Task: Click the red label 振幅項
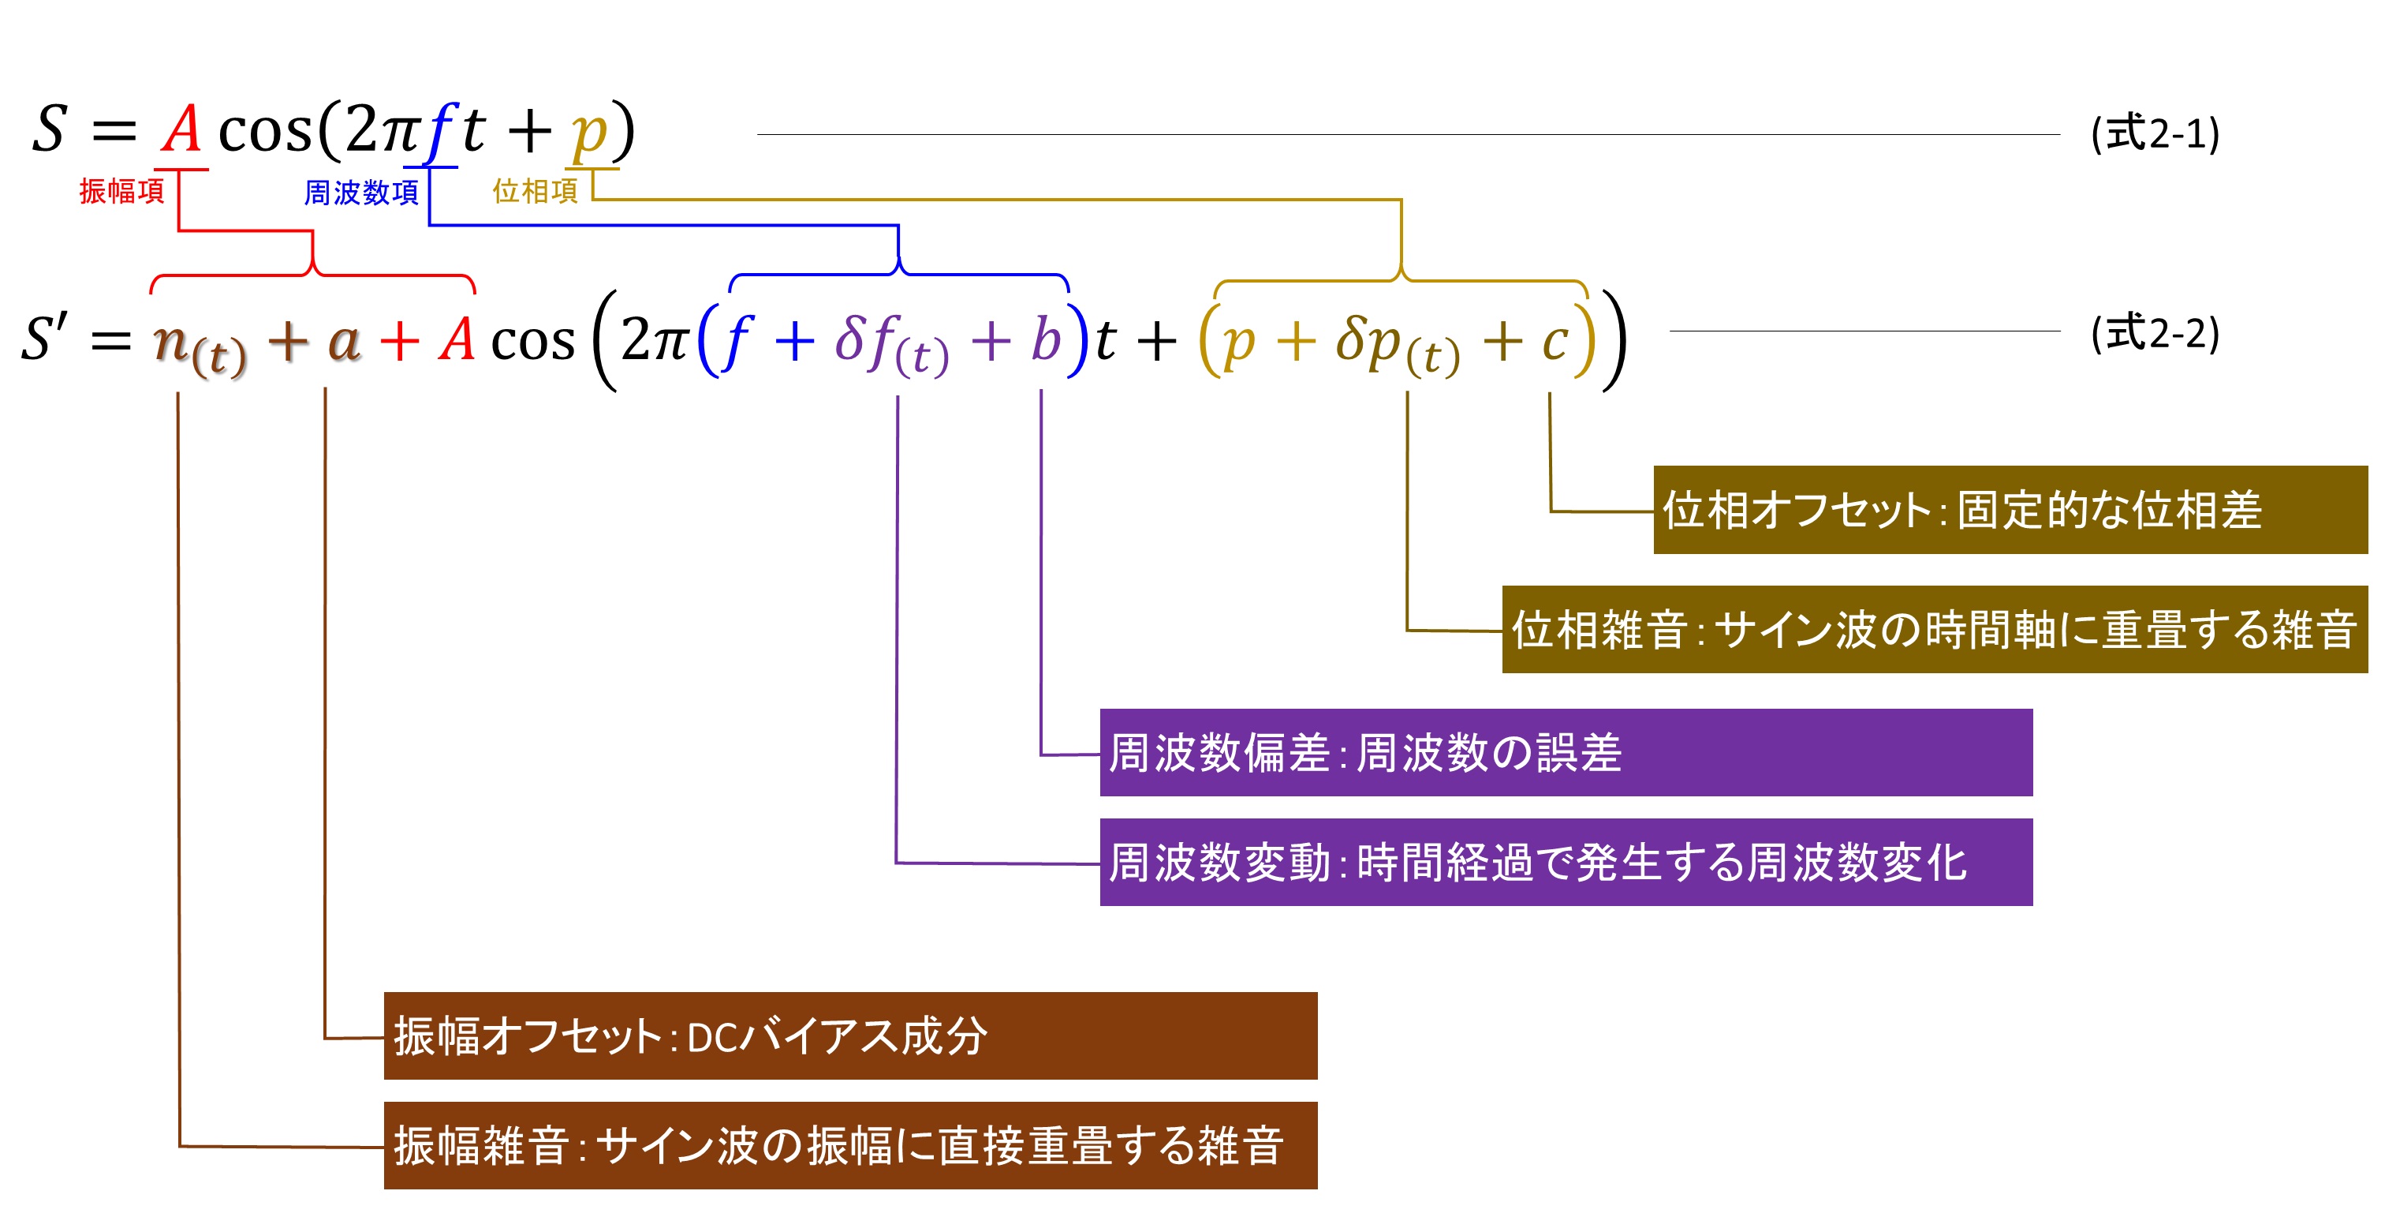tap(121, 191)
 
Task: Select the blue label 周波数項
tap(361, 192)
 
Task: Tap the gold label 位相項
tap(534, 191)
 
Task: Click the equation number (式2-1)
tap(2155, 134)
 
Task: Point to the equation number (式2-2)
tap(2155, 333)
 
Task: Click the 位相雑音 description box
tap(1933, 629)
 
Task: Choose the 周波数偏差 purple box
tap(1565, 752)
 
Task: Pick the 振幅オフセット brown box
tap(850, 1035)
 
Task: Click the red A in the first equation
tap(181, 129)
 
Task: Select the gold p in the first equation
tap(590, 134)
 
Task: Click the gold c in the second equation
tap(1555, 341)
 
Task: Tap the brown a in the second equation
tap(344, 343)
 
